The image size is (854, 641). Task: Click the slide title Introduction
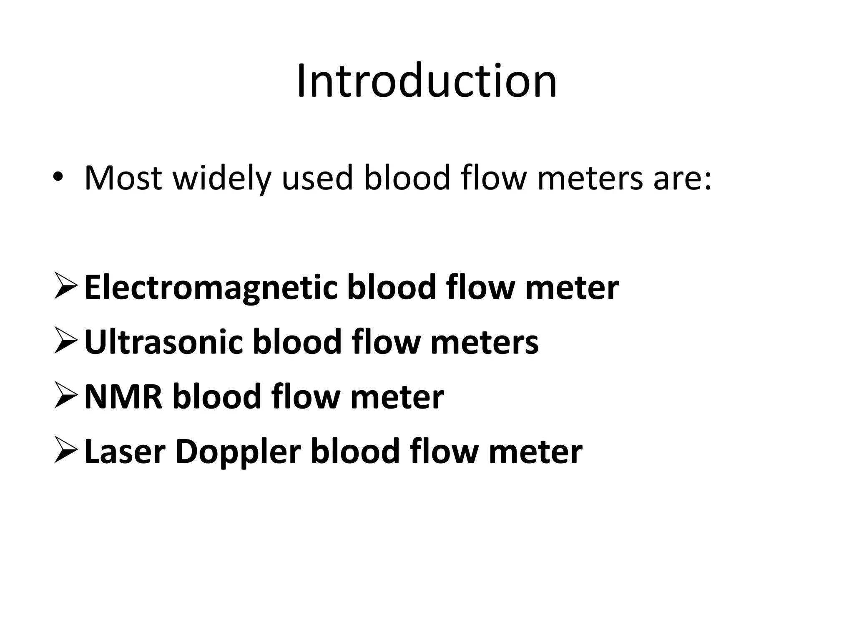(x=427, y=80)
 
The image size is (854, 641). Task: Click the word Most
(x=123, y=178)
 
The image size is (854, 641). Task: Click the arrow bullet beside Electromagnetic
(x=65, y=287)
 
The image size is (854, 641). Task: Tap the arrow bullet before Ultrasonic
(x=65, y=341)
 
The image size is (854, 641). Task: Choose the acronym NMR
(x=123, y=397)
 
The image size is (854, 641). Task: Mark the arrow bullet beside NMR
(x=65, y=396)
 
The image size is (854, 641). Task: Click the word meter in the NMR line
(x=397, y=398)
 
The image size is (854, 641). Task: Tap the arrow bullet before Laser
(x=65, y=451)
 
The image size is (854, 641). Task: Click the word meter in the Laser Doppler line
(x=535, y=452)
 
